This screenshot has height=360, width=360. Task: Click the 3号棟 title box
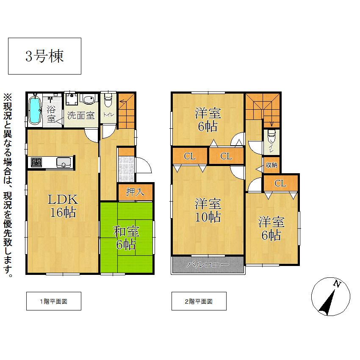(44, 56)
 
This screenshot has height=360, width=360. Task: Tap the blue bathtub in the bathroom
(35, 109)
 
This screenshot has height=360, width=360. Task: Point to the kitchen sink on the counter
(64, 162)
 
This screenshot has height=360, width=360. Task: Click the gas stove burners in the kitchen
(36, 162)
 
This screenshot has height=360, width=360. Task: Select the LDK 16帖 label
(64, 206)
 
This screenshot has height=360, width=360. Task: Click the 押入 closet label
(135, 192)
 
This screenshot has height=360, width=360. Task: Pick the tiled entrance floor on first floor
(126, 169)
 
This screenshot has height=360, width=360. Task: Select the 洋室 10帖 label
(208, 210)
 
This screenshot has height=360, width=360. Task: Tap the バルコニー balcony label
(208, 265)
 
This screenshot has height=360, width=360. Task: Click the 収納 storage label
(271, 165)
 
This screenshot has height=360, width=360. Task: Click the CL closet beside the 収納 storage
(280, 183)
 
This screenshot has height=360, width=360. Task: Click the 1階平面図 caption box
(53, 302)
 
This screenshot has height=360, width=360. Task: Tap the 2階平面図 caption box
(199, 302)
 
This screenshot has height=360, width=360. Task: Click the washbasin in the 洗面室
(89, 100)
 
